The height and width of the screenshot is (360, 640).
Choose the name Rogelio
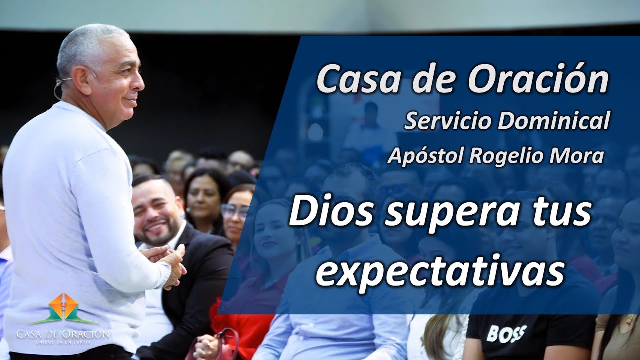tap(505, 157)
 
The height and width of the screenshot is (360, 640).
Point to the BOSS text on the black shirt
tap(506, 333)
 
